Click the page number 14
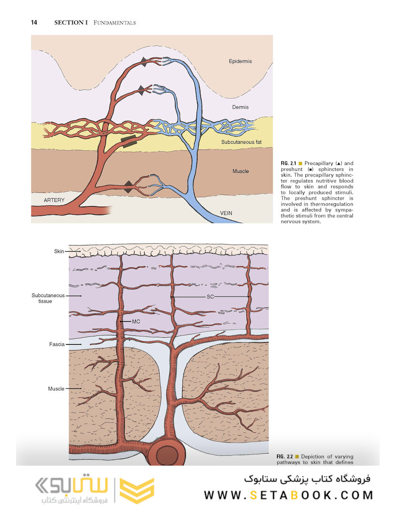pos(34,22)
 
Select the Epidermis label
pos(241,61)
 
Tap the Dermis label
pos(240,107)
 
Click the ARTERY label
pos(54,200)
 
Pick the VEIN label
pos(226,213)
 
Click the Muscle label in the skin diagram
pos(241,171)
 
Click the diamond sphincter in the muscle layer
pos(129,187)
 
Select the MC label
pos(136,322)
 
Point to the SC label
pos(210,297)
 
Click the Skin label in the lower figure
pos(59,252)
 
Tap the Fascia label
pos(57,344)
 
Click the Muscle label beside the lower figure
pos(56,389)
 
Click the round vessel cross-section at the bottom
pos(167,454)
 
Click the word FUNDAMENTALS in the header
pos(115,22)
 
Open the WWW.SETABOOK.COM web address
pos(289,495)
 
